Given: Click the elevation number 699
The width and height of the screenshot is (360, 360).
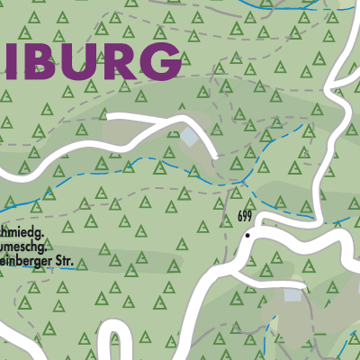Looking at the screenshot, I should point(246,218).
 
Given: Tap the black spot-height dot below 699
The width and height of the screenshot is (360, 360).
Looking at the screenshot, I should point(247,235).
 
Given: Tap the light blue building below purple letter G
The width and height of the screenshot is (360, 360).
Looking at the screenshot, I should point(190,137).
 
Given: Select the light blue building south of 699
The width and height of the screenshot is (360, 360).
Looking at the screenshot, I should point(292,294).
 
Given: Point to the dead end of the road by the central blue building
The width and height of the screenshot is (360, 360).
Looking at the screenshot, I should point(212,152).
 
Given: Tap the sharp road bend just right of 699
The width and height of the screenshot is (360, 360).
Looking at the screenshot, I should point(261,220).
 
